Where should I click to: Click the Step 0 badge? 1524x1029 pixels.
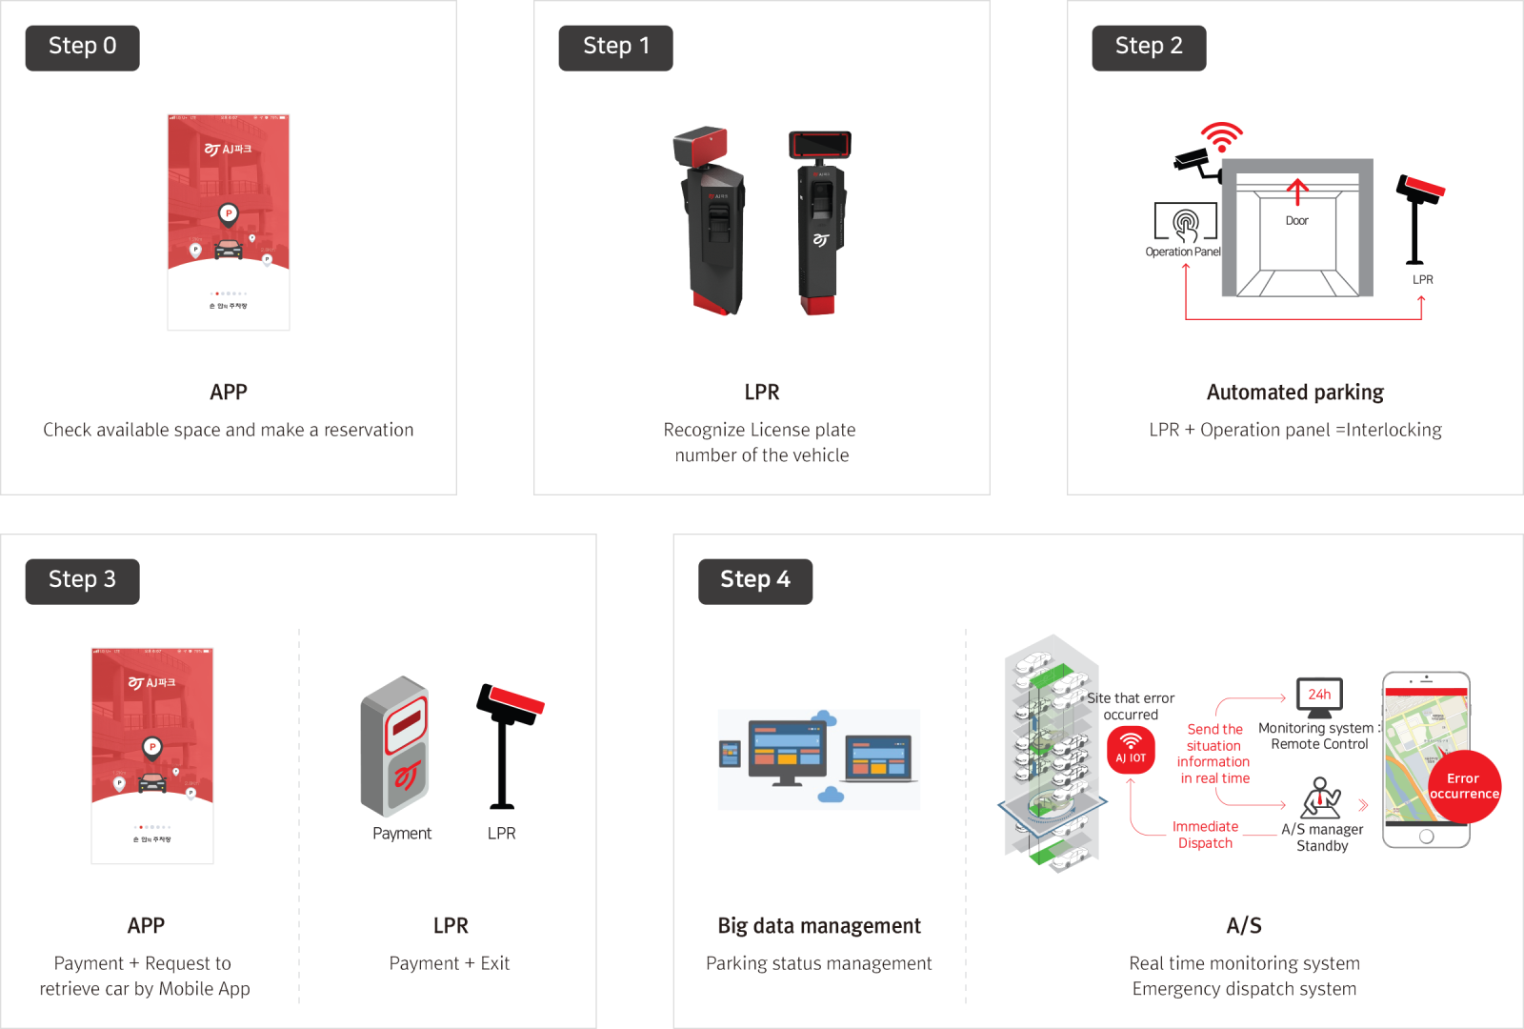pyautogui.click(x=83, y=48)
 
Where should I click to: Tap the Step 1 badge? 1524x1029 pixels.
pyautogui.click(x=615, y=48)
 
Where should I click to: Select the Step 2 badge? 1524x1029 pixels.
pyautogui.click(x=1149, y=48)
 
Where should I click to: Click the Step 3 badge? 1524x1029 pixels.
pyautogui.click(x=83, y=581)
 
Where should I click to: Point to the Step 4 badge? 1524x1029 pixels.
pyautogui.click(x=755, y=581)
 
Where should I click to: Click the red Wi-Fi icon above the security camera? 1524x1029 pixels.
pyautogui.click(x=1221, y=136)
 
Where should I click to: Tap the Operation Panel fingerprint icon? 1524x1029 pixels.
pyautogui.click(x=1186, y=224)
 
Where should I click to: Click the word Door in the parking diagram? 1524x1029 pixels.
pyautogui.click(x=1296, y=221)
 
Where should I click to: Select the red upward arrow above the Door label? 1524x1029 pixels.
pyautogui.click(x=1296, y=192)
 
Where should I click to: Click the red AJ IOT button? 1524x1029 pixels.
pyautogui.click(x=1131, y=750)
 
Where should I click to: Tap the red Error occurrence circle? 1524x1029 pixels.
pyautogui.click(x=1464, y=786)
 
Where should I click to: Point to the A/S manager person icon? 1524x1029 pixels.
pyautogui.click(x=1320, y=797)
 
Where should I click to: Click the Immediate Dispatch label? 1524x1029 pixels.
pyautogui.click(x=1205, y=835)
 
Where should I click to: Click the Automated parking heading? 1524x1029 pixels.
pyautogui.click(x=1294, y=393)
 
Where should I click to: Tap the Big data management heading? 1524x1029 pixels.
pyautogui.click(x=819, y=926)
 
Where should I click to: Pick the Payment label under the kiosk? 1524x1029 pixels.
pyautogui.click(x=402, y=834)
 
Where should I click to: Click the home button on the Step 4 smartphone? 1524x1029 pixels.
pyautogui.click(x=1426, y=837)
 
